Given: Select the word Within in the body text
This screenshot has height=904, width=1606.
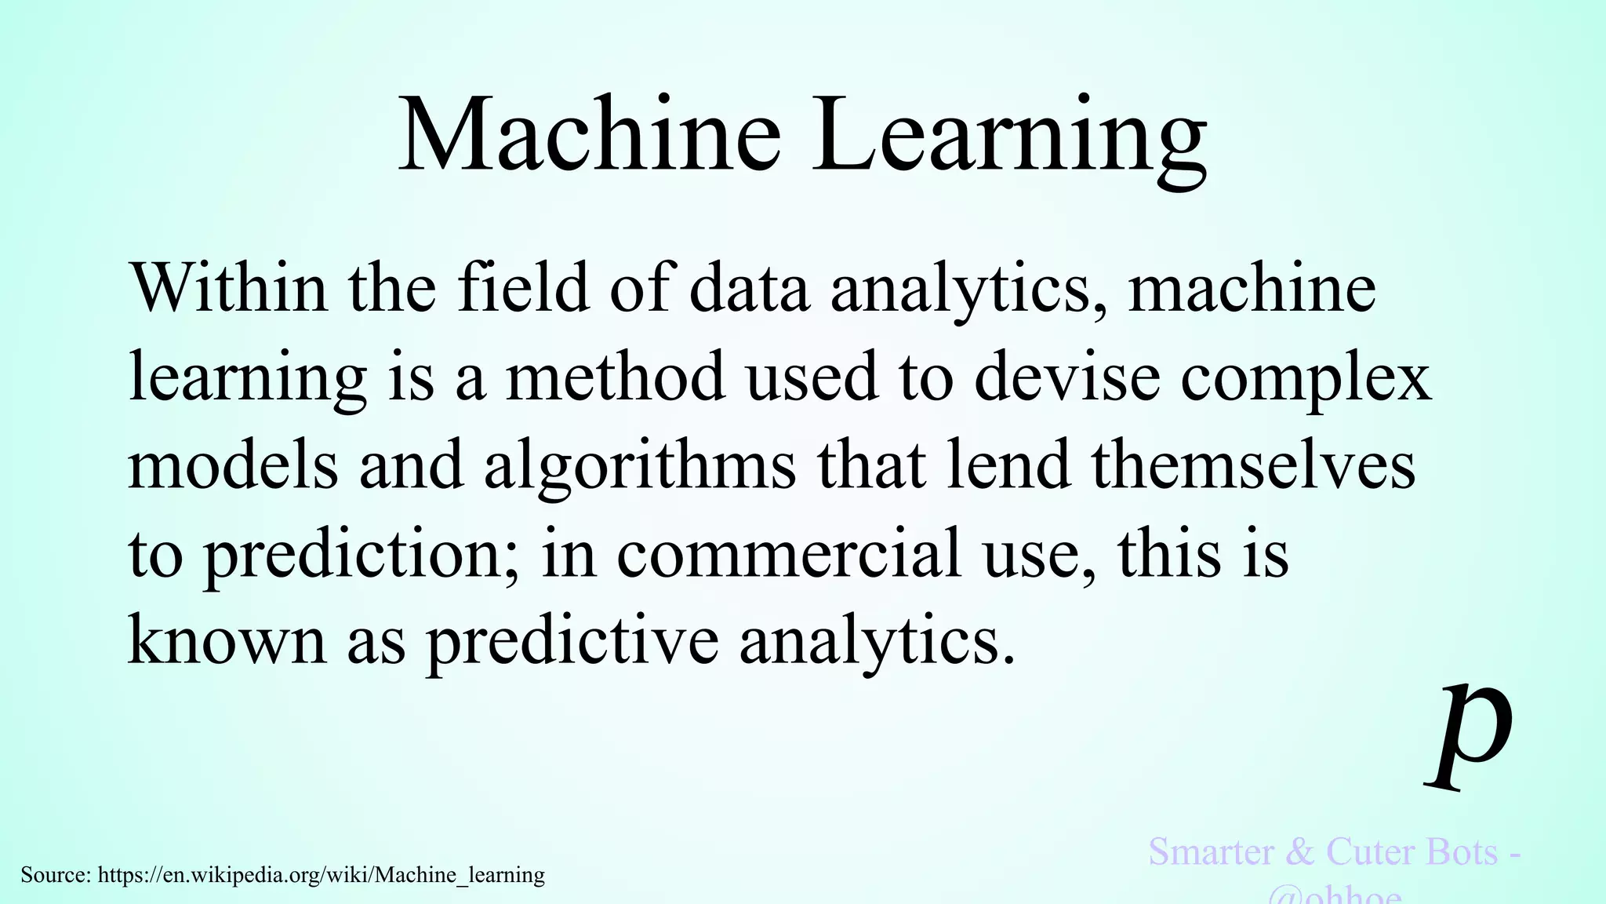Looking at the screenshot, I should (227, 288).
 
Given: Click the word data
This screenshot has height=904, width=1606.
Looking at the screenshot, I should (749, 288).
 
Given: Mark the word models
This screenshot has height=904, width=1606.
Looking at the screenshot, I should (233, 465).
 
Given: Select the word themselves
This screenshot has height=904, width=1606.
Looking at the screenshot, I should (1253, 465).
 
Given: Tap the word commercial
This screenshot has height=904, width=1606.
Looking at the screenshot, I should (789, 553).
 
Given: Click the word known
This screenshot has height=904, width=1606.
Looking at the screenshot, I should (227, 641).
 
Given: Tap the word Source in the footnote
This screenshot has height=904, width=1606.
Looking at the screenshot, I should (55, 874).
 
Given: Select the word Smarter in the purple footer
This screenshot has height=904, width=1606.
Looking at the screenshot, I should (1211, 852).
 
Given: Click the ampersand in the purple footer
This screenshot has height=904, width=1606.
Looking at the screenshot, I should (1299, 852).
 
